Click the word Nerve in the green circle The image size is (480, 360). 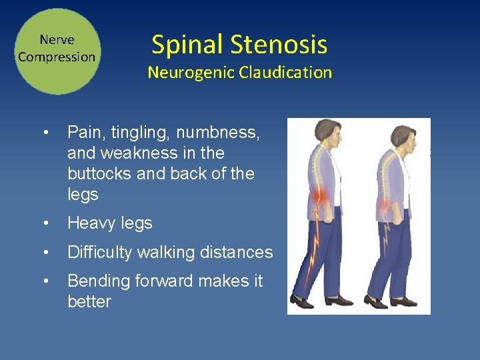57,40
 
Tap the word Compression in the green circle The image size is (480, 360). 57,57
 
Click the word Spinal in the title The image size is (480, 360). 187,45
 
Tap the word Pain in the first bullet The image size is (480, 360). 83,133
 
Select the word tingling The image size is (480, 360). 134,133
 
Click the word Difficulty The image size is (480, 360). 99,253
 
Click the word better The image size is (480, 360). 89,302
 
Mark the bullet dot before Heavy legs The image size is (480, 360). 45,224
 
